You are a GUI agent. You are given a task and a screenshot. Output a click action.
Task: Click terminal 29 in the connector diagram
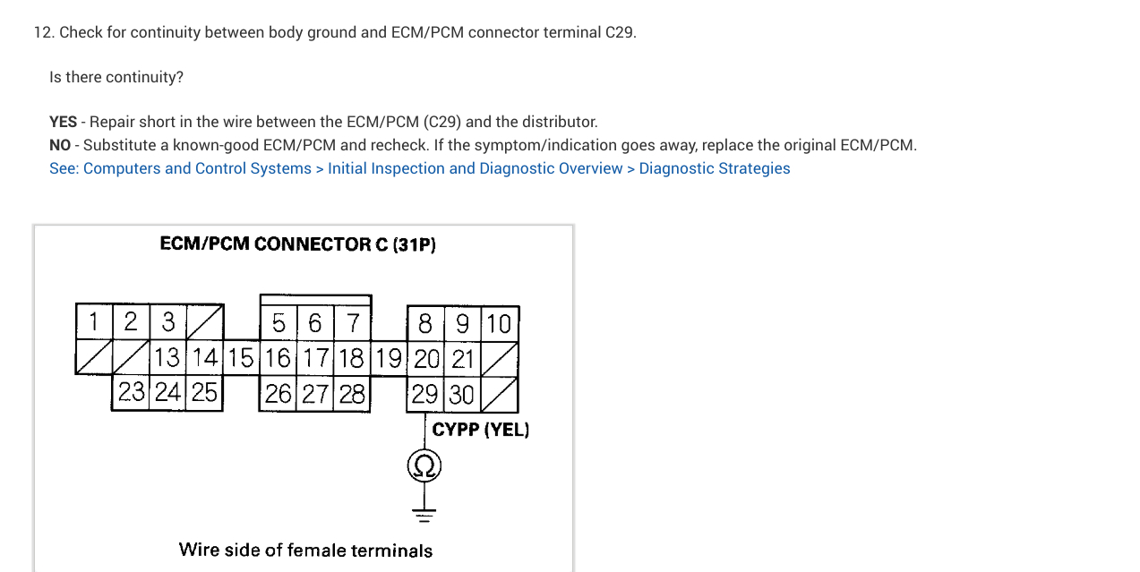pos(424,394)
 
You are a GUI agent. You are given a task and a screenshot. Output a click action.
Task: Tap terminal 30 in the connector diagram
pos(462,394)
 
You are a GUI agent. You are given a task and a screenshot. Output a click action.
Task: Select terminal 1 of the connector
pos(93,321)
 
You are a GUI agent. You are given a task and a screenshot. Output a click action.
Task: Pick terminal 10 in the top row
pos(499,322)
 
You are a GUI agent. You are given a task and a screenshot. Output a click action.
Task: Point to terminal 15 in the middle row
pos(241,358)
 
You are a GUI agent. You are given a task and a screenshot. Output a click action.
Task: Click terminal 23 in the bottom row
pos(132,393)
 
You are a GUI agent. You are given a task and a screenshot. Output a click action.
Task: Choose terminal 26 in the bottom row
pos(279,394)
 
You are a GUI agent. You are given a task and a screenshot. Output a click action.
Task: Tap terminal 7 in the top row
pos(353,322)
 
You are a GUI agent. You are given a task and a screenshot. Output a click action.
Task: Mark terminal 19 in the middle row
pos(389,358)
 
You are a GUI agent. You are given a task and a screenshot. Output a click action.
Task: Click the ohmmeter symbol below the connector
pos(424,466)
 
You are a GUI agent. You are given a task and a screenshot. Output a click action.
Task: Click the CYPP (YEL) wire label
pos(481,430)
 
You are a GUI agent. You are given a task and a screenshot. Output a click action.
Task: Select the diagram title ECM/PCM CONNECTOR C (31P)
pos(297,244)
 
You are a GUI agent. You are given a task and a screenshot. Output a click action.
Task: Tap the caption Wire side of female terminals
pos(305,550)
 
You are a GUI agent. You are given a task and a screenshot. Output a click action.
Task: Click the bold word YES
pos(63,122)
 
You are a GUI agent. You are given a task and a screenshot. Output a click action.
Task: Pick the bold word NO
pos(60,145)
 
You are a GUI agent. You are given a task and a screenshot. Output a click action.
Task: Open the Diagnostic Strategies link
pos(715,168)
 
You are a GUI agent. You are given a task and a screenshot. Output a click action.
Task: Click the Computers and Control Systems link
pos(180,168)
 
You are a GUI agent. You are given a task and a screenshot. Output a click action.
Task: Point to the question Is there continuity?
pos(116,77)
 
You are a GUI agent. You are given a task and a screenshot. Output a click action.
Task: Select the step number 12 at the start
pos(43,32)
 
